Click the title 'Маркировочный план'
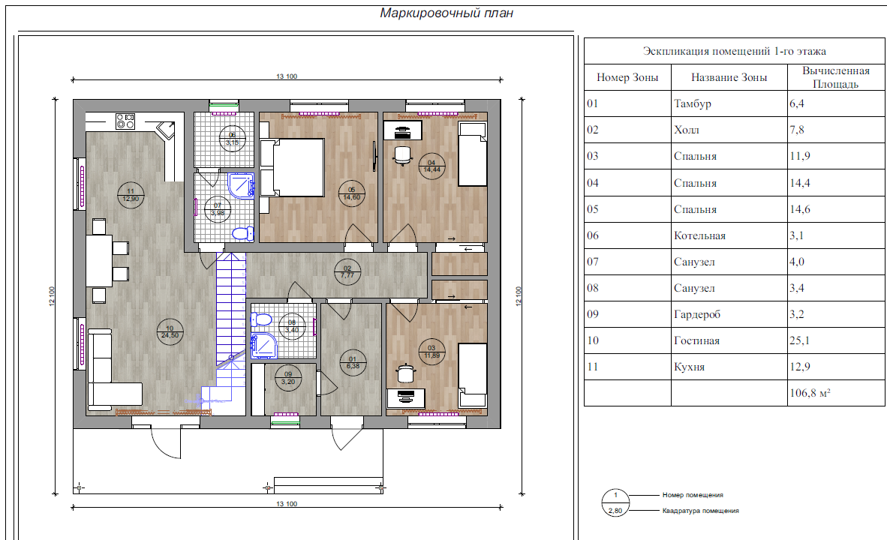447,13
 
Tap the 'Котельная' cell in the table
699,235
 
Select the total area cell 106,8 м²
810,393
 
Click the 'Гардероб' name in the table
697,314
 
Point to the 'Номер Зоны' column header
627,77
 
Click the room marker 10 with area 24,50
170,332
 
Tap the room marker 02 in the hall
347,272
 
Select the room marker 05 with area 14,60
351,193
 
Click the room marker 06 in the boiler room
232,139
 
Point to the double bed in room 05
293,168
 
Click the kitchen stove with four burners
125,121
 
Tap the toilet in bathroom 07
244,233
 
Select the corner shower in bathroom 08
264,346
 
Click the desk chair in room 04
402,155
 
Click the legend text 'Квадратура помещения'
700,511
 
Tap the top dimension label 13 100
287,76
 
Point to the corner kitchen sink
167,130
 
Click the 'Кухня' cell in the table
689,367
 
